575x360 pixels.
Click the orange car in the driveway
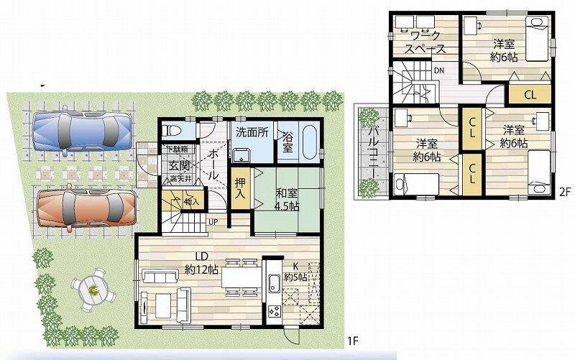85,207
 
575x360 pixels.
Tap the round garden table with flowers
93,290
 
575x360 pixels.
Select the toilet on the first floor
171,131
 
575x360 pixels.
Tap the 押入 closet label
240,189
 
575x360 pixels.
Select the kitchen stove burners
275,311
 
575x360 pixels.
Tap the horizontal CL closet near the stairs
530,93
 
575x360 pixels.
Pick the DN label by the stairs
438,70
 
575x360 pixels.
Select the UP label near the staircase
213,221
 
